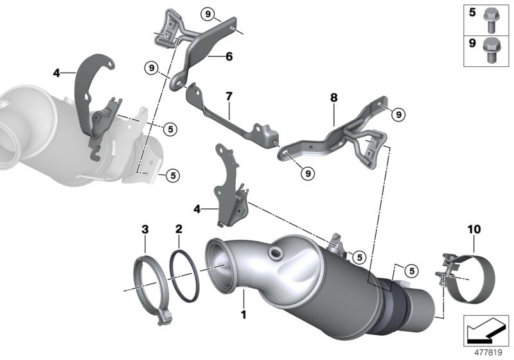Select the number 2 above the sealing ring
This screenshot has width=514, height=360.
(x=179, y=228)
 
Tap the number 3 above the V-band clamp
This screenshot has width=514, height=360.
(x=145, y=228)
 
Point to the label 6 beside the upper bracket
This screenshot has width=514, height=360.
(x=228, y=57)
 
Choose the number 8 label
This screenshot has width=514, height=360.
(x=333, y=99)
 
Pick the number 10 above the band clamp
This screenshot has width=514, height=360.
(x=474, y=228)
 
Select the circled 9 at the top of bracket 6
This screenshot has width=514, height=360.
(x=207, y=13)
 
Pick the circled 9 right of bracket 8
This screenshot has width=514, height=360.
(x=398, y=114)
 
